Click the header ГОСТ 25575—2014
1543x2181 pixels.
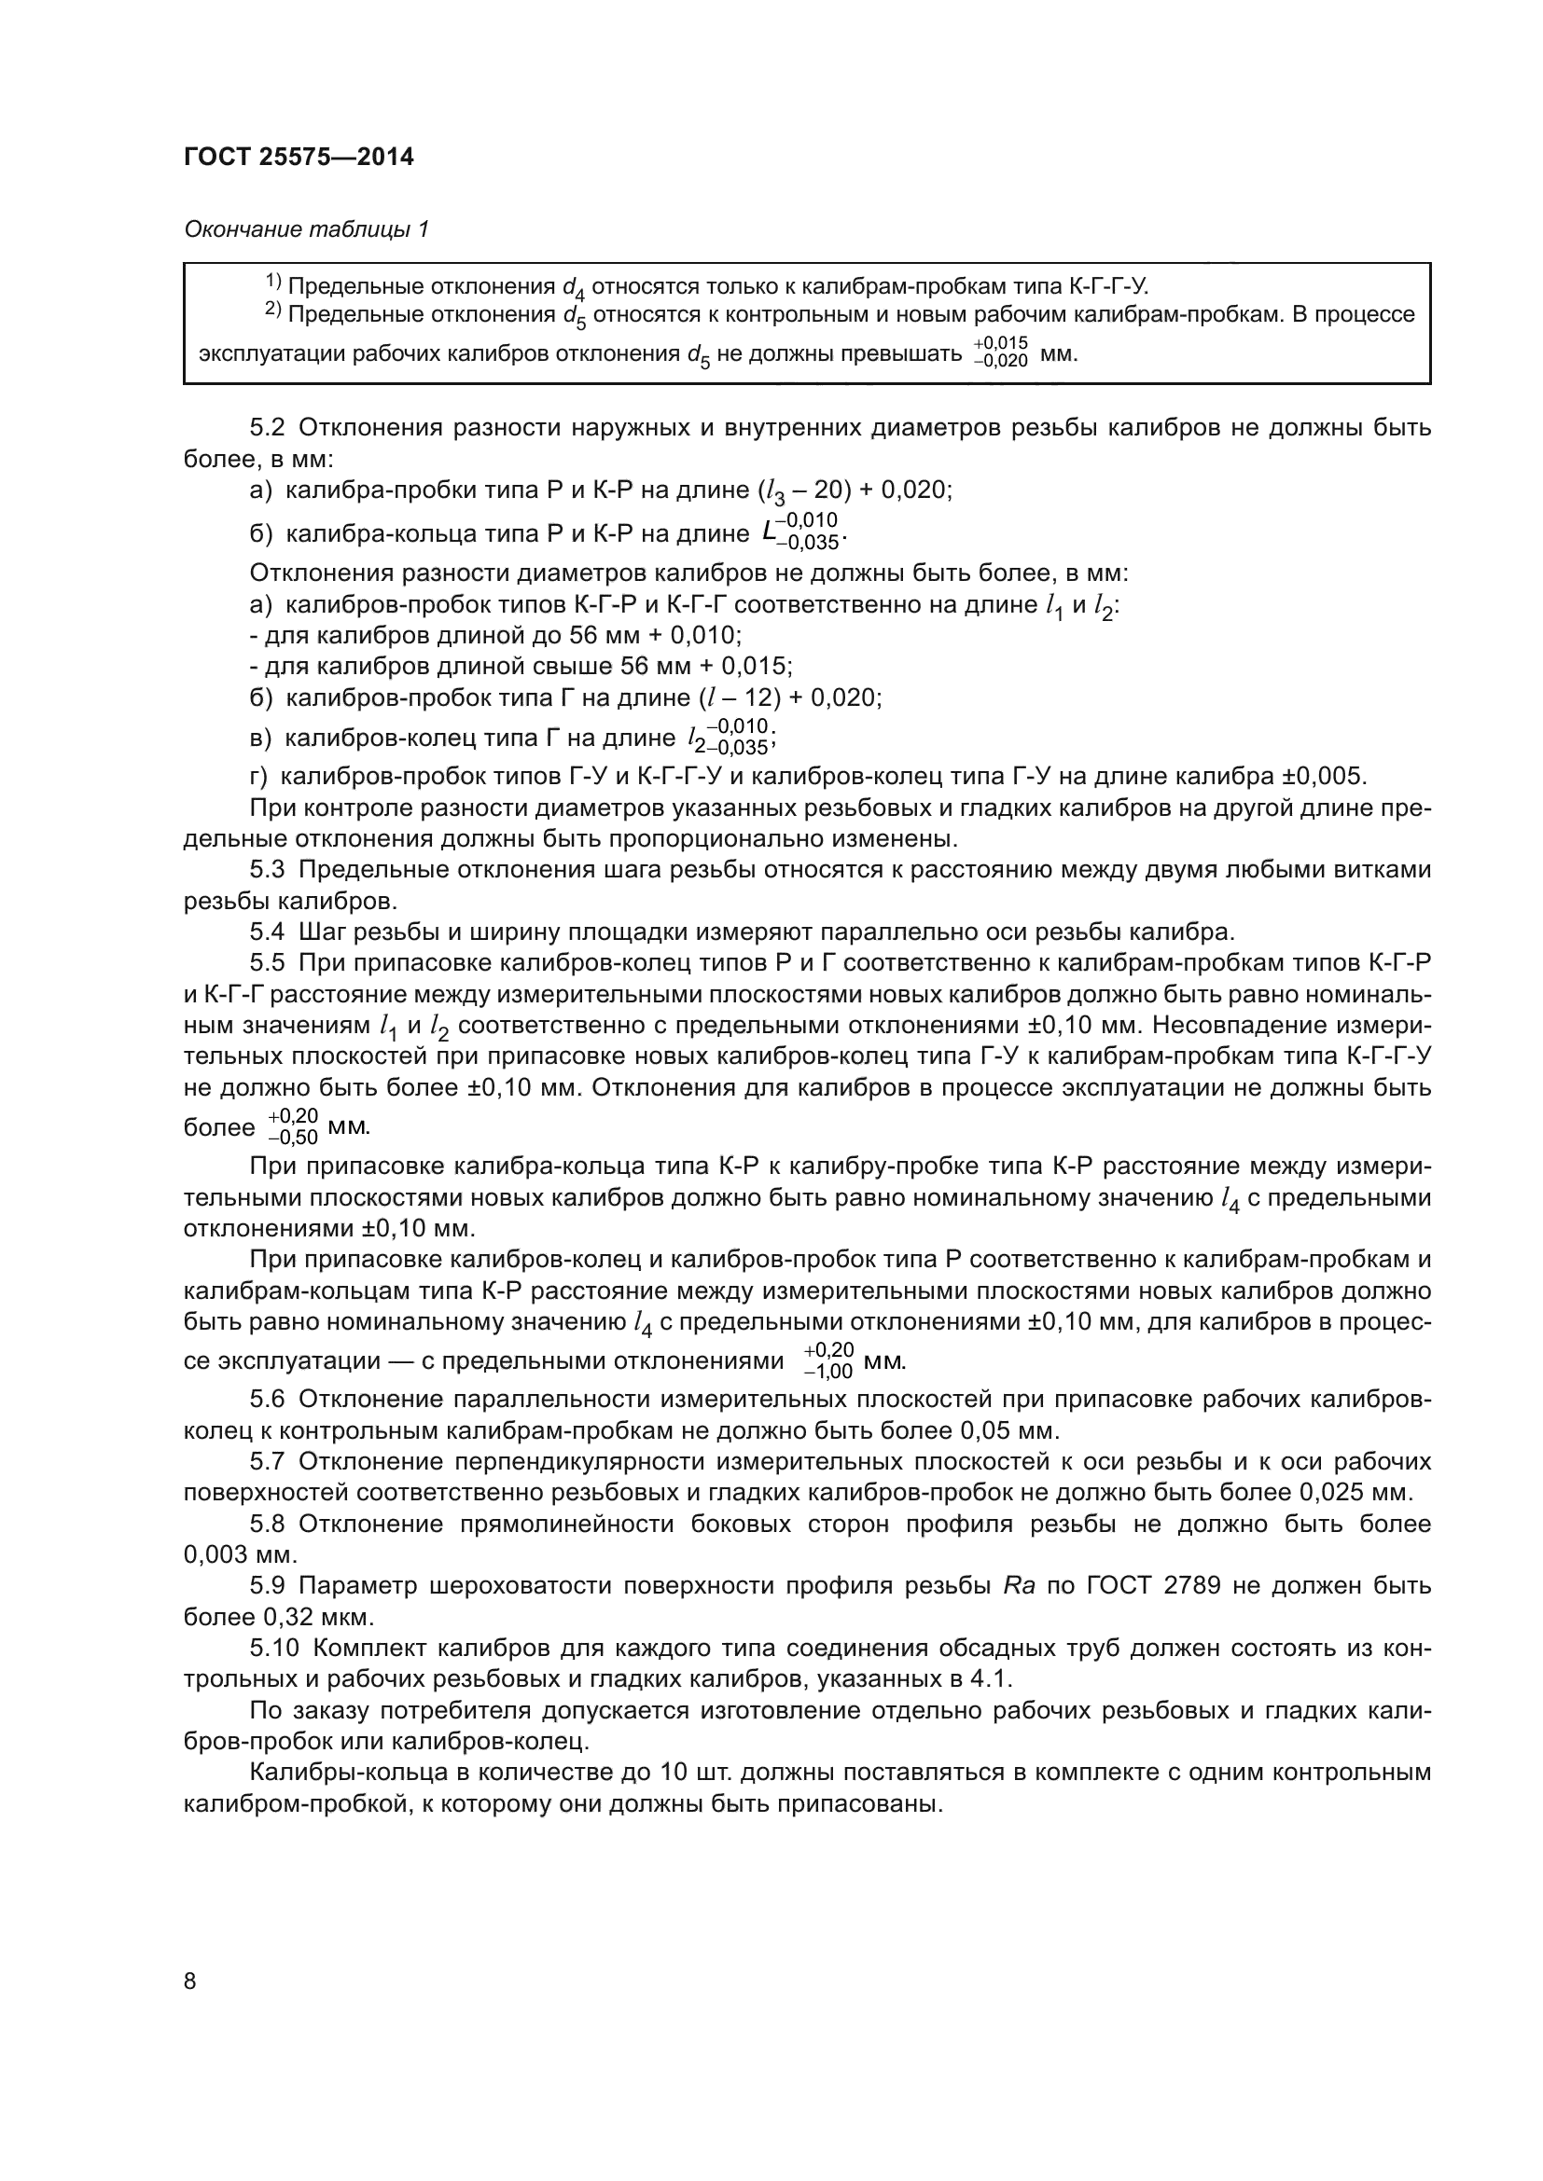pos(299,157)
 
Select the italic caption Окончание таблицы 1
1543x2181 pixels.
pos(306,229)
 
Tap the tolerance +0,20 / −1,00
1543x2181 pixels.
pos(828,1360)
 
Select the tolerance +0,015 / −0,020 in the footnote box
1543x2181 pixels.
pos(1000,352)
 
